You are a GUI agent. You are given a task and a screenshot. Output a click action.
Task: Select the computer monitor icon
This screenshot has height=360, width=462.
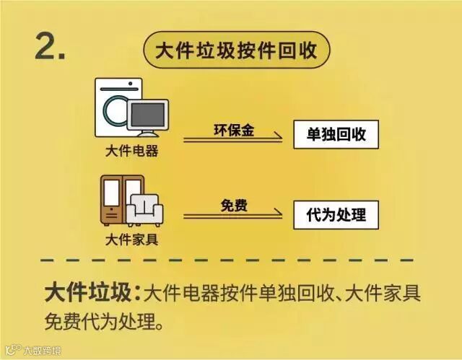148,117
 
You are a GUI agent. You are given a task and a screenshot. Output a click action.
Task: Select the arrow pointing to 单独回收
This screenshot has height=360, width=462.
232,139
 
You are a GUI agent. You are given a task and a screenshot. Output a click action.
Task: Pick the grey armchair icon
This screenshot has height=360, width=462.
144,210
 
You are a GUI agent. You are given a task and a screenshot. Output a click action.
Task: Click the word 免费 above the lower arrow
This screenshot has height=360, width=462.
234,206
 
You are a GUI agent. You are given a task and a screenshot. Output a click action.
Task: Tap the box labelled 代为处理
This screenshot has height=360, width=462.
336,214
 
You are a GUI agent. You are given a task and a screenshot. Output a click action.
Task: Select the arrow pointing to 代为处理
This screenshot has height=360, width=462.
232,215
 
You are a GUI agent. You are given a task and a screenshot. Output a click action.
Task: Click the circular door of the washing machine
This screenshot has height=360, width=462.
114,110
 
